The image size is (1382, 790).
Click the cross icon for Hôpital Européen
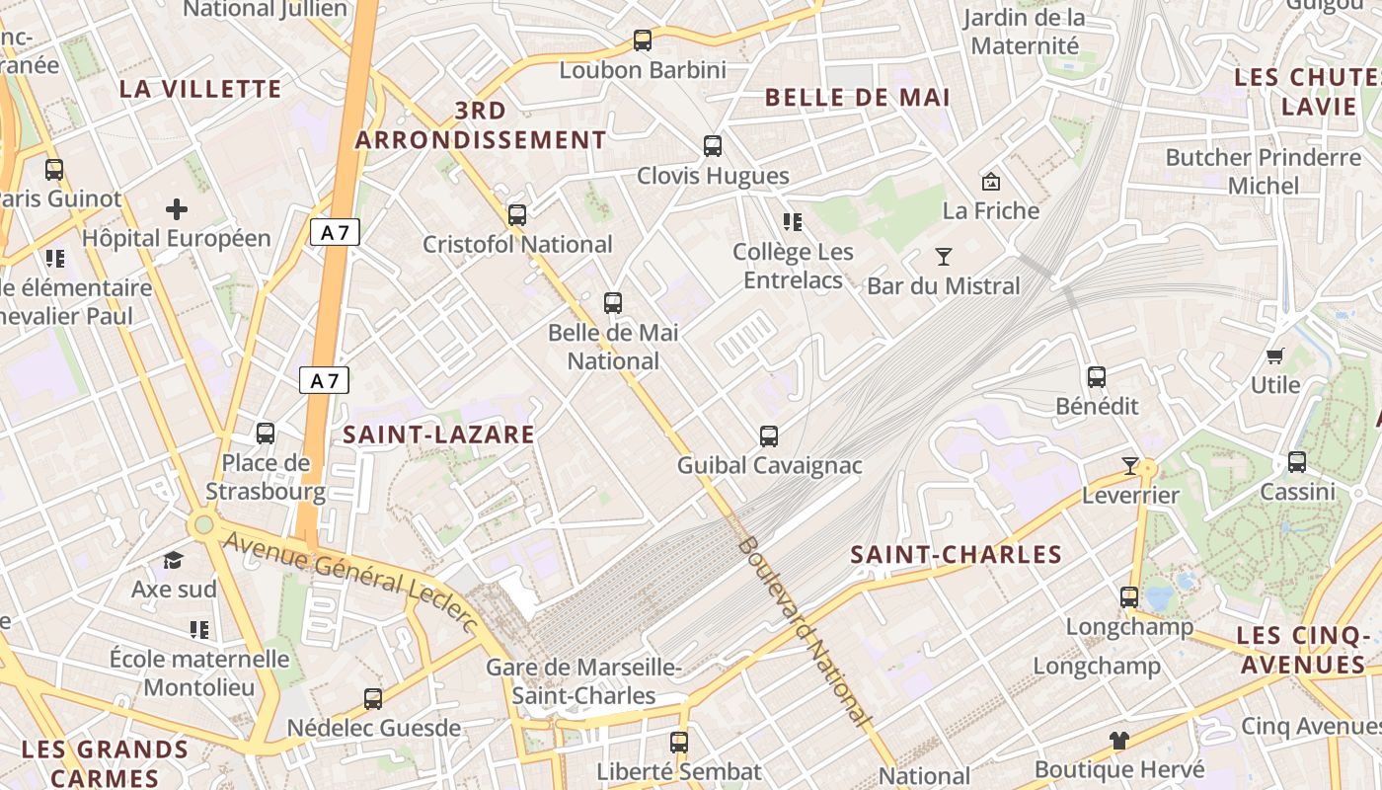pyautogui.click(x=177, y=209)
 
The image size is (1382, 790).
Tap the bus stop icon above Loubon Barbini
pyautogui.click(x=643, y=40)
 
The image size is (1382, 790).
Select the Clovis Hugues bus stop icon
pyautogui.click(x=713, y=146)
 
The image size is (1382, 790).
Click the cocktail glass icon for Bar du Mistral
pyautogui.click(x=944, y=257)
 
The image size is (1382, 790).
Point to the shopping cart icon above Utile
pyautogui.click(x=1275, y=355)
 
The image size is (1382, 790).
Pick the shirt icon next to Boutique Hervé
pyautogui.click(x=1118, y=740)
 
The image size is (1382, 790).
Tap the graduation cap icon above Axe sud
pyautogui.click(x=174, y=560)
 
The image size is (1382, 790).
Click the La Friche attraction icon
pyautogui.click(x=991, y=182)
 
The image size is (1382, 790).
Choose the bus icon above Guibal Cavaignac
pyautogui.click(x=769, y=435)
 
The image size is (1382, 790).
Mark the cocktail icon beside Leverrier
pyautogui.click(x=1130, y=465)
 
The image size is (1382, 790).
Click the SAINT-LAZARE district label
pyautogui.click(x=438, y=434)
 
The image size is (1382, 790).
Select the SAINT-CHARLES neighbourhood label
pyautogui.click(x=956, y=555)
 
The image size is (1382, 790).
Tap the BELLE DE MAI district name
pyautogui.click(x=857, y=98)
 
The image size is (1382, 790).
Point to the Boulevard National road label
pyautogui.click(x=806, y=632)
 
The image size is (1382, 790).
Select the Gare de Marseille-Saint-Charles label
pyautogui.click(x=583, y=681)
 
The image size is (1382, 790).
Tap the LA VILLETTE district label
pyautogui.click(x=200, y=89)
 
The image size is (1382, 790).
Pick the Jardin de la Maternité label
pyautogui.click(x=1025, y=32)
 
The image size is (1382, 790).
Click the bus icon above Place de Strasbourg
pyautogui.click(x=266, y=433)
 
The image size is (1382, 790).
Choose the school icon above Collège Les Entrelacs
pyautogui.click(x=792, y=222)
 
